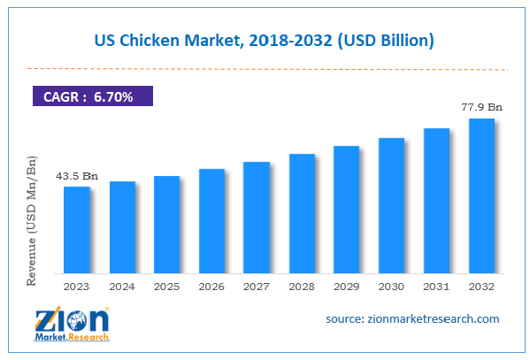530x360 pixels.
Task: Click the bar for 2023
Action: coord(77,229)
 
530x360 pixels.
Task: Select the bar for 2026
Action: coord(211,220)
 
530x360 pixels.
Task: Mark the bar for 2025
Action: coord(166,224)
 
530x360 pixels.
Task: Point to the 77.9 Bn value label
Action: coord(481,107)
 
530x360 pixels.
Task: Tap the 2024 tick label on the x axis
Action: coord(122,287)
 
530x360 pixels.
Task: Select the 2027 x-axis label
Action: coord(257,287)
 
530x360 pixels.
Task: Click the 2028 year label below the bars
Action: coord(302,287)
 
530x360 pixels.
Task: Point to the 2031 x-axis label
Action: coord(436,287)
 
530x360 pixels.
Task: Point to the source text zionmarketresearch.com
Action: coord(411,318)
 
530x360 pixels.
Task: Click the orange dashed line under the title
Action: coord(265,67)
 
